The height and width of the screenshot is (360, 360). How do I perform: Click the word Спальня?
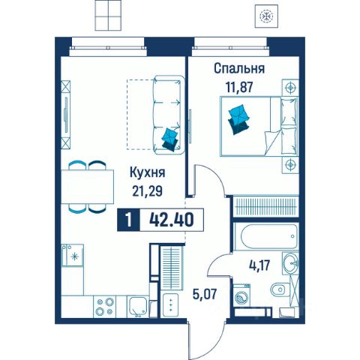tap(239, 69)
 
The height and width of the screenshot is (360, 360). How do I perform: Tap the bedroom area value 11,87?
tap(239, 87)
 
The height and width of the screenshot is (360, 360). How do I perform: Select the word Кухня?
tap(148, 172)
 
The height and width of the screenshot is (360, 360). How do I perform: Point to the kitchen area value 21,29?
tap(148, 191)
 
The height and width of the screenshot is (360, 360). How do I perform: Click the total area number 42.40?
tap(172, 220)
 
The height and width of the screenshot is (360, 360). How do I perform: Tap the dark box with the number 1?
tap(128, 220)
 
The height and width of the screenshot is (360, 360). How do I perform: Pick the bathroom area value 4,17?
tap(259, 265)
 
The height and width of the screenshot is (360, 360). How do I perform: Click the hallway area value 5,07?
tap(204, 294)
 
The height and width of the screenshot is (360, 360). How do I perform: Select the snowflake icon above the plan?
tap(266, 16)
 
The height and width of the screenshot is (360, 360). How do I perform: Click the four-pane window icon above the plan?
tap(108, 15)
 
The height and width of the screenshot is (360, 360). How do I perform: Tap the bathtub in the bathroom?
tap(267, 236)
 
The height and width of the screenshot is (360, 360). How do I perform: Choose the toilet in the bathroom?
tap(280, 290)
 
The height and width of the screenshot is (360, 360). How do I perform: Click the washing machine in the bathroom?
tap(241, 295)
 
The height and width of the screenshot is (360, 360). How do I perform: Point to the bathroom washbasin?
tap(290, 263)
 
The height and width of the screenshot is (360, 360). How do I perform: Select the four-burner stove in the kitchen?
tap(105, 307)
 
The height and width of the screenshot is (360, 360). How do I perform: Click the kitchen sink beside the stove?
tap(138, 307)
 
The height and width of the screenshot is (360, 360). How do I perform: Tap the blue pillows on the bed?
tap(239, 119)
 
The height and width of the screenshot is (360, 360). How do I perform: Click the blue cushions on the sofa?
tap(170, 139)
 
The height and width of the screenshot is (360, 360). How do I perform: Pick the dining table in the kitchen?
tap(88, 187)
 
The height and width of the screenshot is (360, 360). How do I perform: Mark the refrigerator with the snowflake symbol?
tap(73, 256)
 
